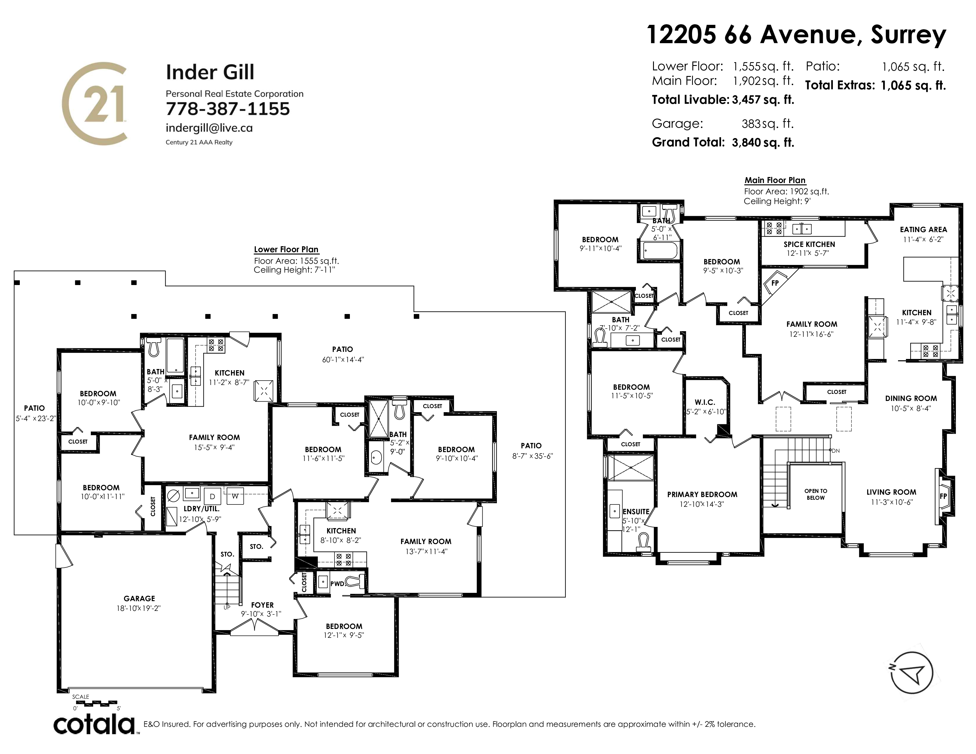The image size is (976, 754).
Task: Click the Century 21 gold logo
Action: (x=95, y=103)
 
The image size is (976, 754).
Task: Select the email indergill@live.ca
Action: (x=209, y=128)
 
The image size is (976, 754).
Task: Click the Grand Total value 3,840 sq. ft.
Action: (x=763, y=143)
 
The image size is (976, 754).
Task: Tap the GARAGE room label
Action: (x=139, y=598)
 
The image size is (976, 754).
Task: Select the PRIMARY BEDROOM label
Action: (x=702, y=494)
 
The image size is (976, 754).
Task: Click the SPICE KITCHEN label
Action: (x=809, y=244)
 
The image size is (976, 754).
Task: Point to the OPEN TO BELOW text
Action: (x=816, y=494)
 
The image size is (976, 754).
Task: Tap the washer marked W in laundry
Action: (x=235, y=496)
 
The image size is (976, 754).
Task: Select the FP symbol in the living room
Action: (x=943, y=496)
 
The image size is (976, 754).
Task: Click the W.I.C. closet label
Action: (x=705, y=402)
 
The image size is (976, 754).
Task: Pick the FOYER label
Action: (x=262, y=605)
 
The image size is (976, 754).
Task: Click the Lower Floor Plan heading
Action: (x=286, y=250)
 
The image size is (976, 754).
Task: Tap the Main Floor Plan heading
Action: (x=775, y=180)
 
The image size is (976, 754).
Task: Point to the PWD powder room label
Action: (x=337, y=583)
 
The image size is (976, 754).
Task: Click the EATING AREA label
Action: (x=923, y=229)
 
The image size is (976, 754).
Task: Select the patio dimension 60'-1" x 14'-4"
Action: (x=343, y=360)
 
